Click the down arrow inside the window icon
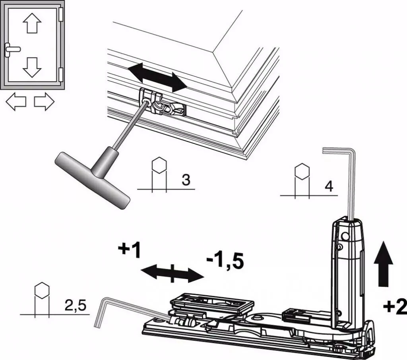32,67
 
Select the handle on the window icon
12,50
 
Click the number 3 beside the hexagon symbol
185,179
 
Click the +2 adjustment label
395,306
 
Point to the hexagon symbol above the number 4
302,170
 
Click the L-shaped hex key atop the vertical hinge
346,179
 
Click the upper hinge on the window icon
61,15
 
